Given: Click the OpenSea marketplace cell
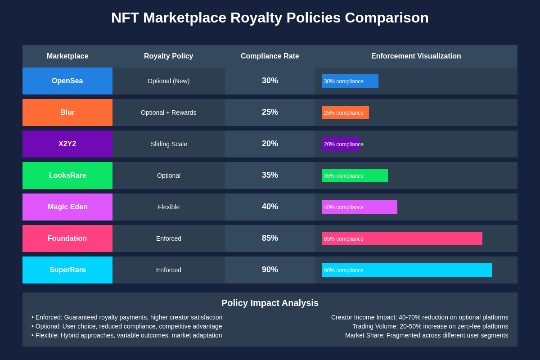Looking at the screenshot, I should pos(67,81).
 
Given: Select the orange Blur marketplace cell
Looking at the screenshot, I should pos(67,112).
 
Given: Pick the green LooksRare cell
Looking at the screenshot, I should pos(67,175).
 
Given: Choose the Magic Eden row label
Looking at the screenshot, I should pos(67,207).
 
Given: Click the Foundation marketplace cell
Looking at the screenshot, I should pos(67,238).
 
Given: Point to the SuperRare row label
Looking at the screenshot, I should pos(67,270).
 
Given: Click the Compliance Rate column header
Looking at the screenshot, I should pos(270,56).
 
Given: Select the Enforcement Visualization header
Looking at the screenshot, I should pos(416,56).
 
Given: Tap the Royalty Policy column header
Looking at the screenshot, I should pos(168,56).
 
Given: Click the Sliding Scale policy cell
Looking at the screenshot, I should pos(169,144).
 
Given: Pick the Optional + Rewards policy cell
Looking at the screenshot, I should pos(169,112).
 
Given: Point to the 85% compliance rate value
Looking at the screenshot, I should pos(270,238).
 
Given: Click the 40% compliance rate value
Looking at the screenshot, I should pos(270,207).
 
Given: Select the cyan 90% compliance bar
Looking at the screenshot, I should pos(406,270).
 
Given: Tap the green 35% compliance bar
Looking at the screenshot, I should pos(355,175).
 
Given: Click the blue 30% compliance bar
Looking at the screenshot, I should pos(350,81).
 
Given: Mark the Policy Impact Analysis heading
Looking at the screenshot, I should pos(270,303).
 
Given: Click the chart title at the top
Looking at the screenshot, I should pos(270,18).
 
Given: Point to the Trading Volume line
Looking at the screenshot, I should pos(430,326).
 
